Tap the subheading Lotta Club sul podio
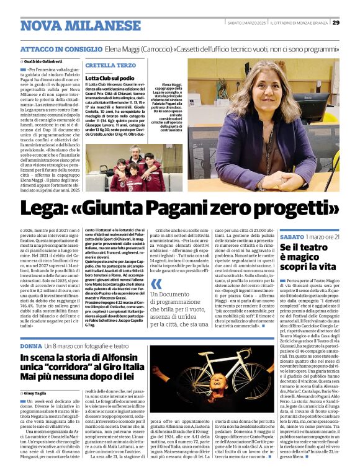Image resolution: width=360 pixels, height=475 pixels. point(110,78)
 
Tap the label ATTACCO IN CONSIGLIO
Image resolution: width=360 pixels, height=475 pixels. point(60,48)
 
